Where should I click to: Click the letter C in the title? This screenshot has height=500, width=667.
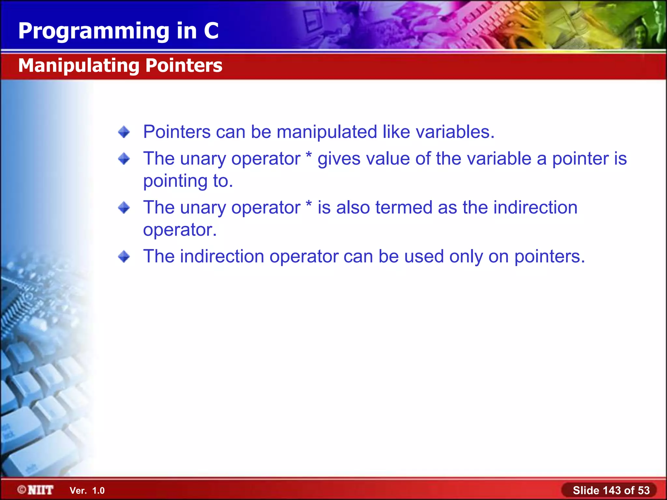[x=211, y=31]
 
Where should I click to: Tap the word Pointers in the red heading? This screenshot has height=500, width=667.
[x=184, y=65]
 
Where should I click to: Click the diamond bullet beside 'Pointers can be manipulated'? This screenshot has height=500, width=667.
[x=124, y=132]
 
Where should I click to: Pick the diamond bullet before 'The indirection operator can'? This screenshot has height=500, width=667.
[x=124, y=257]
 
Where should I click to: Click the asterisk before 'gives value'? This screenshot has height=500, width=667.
[x=309, y=156]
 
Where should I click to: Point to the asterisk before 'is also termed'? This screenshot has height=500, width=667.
[x=309, y=204]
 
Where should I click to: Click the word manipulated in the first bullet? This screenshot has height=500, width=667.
[x=327, y=132]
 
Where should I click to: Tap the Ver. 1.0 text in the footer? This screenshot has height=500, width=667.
[x=87, y=491]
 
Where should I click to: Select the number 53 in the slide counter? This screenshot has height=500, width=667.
[x=644, y=490]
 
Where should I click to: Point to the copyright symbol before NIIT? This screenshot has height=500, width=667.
[x=22, y=489]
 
